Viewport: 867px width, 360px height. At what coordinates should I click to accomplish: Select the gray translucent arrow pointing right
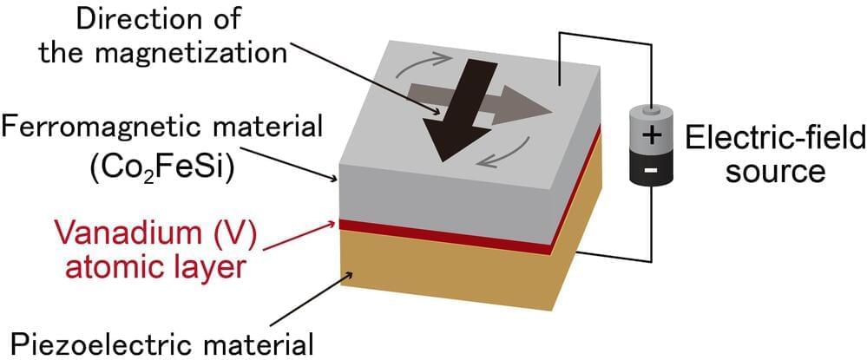(480, 104)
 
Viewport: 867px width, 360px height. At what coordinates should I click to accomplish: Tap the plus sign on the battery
(652, 135)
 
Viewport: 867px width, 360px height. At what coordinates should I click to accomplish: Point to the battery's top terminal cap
(652, 111)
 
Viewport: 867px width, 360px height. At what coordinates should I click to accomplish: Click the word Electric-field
(775, 137)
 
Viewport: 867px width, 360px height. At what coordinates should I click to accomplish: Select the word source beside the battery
(776, 172)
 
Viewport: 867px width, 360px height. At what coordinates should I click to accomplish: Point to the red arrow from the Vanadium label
(299, 236)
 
